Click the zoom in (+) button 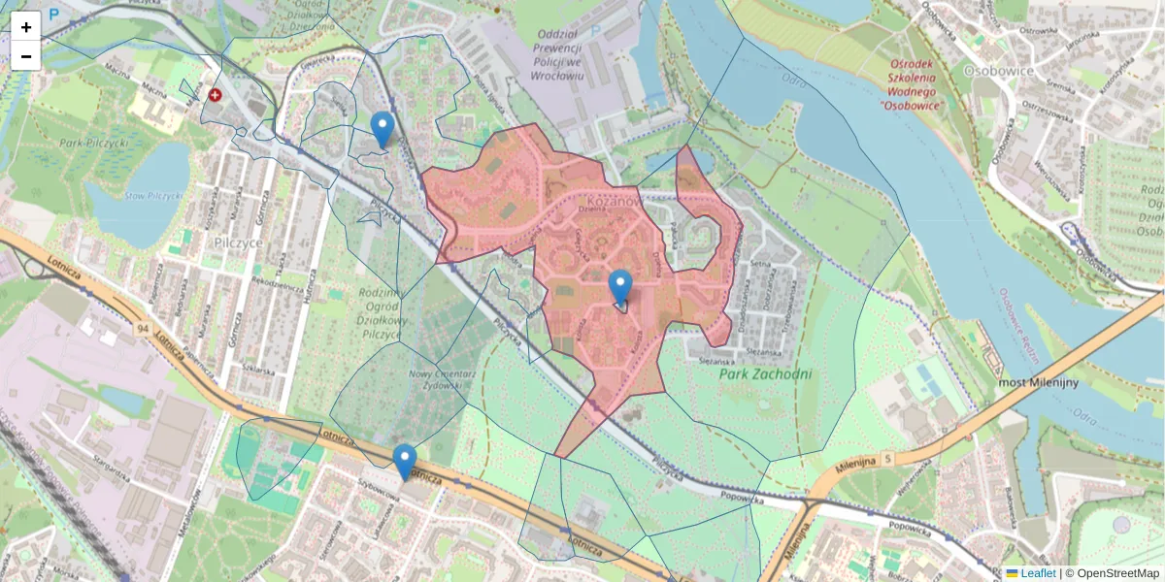click(26, 27)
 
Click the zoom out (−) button click(26, 56)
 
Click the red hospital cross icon click(215, 95)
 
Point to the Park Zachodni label click(767, 373)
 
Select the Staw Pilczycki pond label click(153, 196)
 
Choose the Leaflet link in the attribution click(1038, 573)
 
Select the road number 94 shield click(143, 329)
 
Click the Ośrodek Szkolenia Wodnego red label click(911, 84)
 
